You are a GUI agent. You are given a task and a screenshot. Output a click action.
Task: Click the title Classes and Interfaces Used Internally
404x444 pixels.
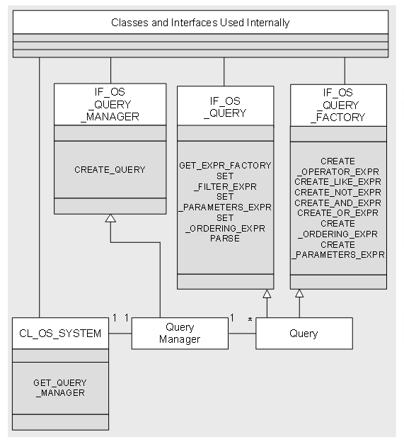200,23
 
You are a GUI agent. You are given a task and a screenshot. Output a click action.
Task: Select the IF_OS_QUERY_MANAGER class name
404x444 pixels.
110,105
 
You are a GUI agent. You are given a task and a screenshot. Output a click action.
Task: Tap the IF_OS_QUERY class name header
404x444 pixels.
224,107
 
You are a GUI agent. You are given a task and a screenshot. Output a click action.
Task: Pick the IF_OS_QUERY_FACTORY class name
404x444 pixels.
338,106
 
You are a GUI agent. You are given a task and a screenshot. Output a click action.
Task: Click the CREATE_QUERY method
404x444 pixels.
110,169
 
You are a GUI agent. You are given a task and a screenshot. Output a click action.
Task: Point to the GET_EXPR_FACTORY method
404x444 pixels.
225,166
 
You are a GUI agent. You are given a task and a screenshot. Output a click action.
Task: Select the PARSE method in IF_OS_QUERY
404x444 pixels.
225,239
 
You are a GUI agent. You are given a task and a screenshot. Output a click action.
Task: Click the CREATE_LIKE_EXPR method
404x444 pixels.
338,182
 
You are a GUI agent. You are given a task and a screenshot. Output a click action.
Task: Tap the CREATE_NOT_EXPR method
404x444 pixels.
338,192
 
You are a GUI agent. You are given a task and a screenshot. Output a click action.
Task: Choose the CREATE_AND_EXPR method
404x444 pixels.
338,203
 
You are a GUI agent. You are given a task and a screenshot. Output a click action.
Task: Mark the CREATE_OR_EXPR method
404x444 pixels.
338,212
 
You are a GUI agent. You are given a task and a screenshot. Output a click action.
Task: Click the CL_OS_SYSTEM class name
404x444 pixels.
60,334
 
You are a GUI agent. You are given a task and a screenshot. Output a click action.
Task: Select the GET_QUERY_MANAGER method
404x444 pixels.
60,387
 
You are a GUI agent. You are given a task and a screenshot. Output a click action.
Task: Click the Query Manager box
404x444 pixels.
180,334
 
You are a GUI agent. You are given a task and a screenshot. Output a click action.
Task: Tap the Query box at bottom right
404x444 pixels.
304,334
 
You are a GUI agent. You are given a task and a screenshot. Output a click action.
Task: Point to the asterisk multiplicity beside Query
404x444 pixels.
249,321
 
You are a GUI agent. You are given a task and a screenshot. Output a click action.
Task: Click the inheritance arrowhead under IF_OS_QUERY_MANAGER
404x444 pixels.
110,218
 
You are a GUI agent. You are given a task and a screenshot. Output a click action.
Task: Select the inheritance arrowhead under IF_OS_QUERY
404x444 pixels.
267,294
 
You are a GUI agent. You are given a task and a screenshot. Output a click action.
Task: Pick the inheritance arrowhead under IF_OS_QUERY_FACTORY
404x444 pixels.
299,294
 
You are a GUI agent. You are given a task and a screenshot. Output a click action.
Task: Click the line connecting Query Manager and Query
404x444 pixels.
242,334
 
